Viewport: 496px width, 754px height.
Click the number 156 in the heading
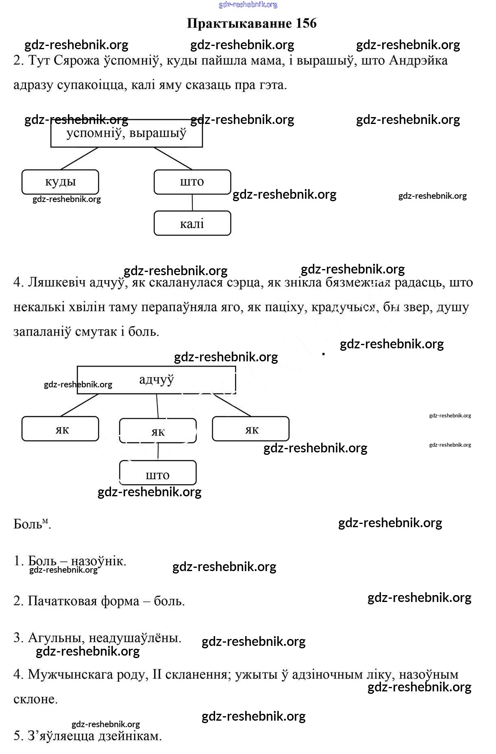(306, 24)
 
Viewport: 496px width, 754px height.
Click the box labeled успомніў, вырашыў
(126, 133)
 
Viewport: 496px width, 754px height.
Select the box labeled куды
(60, 182)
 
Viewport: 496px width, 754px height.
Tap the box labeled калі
(192, 223)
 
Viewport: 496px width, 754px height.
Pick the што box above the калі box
(192, 182)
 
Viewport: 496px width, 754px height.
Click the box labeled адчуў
(157, 380)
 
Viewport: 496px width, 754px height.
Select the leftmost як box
(60, 429)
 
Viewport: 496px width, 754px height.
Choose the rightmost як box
(251, 429)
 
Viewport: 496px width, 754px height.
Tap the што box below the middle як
(158, 474)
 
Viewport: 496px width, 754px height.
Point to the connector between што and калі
(192, 202)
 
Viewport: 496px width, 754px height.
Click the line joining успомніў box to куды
(79, 159)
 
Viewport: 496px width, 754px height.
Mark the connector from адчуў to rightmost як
(233, 405)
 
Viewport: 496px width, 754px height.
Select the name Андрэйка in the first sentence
(418, 61)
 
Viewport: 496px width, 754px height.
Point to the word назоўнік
(99, 561)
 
